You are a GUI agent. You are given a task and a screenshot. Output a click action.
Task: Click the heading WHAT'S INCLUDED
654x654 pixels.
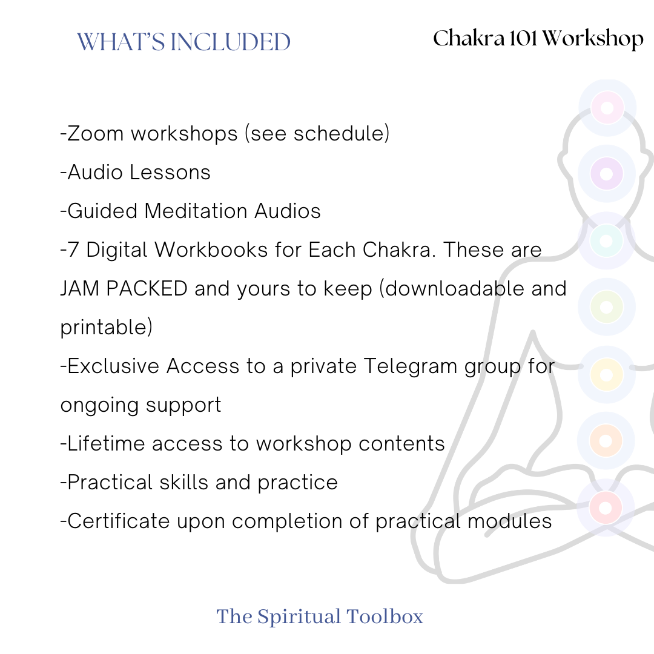(184, 42)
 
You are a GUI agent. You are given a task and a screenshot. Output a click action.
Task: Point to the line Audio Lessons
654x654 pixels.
(136, 172)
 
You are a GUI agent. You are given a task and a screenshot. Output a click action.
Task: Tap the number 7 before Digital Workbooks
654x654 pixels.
(73, 249)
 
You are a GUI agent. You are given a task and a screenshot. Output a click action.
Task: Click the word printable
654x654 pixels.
(106, 328)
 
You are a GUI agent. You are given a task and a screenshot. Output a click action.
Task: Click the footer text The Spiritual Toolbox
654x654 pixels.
(320, 616)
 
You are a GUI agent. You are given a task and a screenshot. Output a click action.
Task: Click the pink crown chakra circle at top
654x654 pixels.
(607, 108)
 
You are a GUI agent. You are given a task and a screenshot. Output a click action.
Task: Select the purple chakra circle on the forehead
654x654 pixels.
(607, 173)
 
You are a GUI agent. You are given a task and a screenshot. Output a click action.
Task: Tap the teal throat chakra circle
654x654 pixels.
(607, 240)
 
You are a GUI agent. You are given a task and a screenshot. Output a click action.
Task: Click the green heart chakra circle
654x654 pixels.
(607, 307)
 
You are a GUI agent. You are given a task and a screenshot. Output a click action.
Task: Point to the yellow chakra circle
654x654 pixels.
(607, 374)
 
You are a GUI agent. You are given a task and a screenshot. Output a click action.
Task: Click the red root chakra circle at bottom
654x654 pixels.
(606, 507)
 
